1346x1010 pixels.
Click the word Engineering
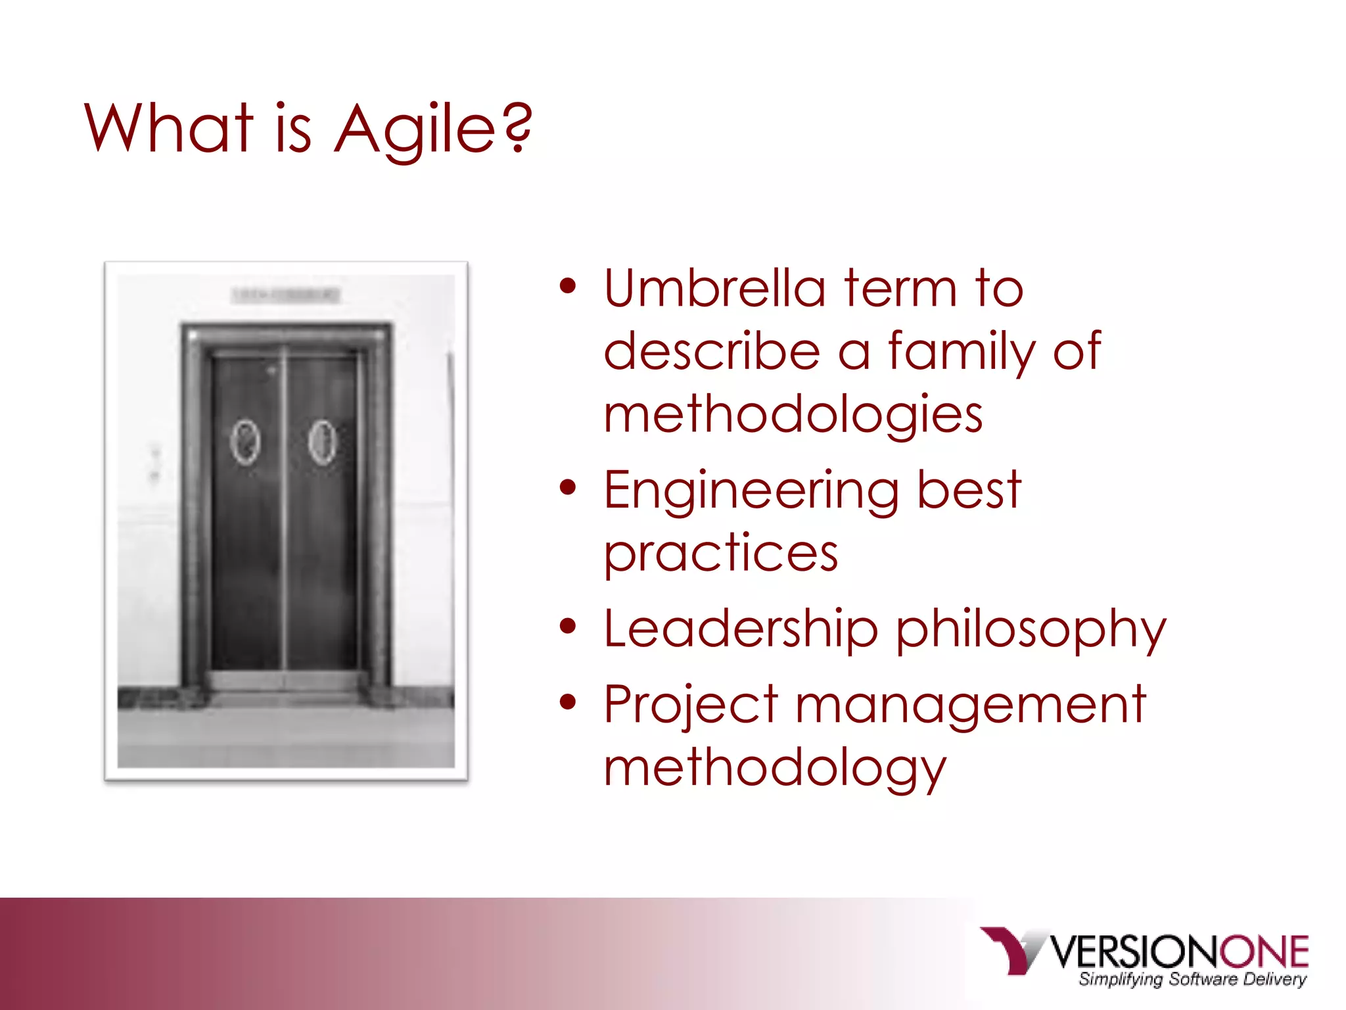751,491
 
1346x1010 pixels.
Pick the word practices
721,553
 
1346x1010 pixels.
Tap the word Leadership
741,629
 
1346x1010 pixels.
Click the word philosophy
1031,630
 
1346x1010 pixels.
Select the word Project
691,705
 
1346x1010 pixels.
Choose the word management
971,705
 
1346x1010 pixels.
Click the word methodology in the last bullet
775,767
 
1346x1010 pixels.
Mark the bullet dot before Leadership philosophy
568,626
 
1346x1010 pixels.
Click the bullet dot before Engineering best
568,487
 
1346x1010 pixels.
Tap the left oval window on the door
244,442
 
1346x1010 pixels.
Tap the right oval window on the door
323,442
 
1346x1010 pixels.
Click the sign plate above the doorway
286,295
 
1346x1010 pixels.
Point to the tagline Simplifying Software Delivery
1192,979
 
